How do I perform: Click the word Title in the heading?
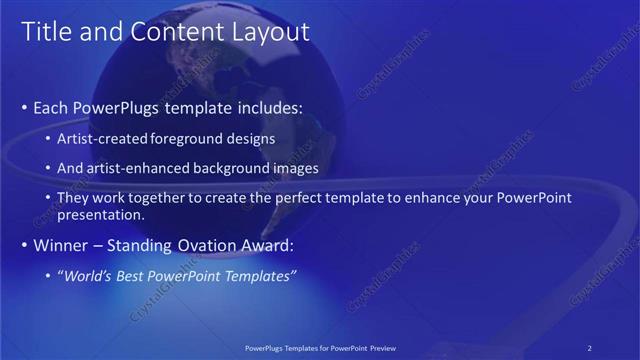47,32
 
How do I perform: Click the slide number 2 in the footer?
590,347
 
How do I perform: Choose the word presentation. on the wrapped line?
100,214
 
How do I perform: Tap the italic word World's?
85,275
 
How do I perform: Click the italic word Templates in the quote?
261,275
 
